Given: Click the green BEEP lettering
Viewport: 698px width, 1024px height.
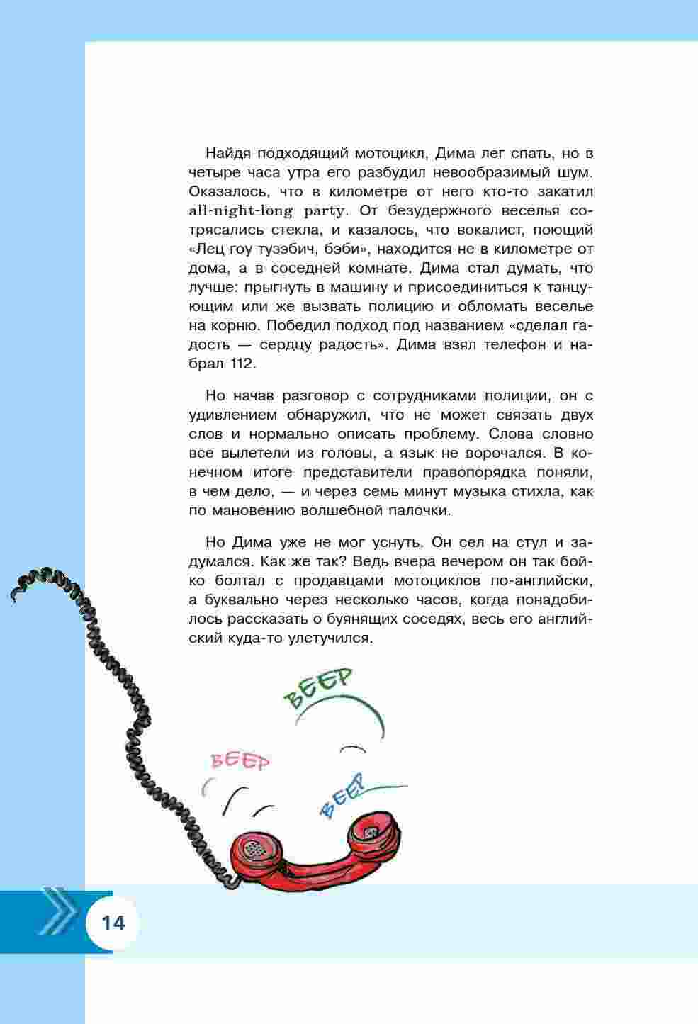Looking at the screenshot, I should pyautogui.click(x=318, y=687).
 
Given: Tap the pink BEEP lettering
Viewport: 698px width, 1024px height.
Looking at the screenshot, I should pyautogui.click(x=241, y=762).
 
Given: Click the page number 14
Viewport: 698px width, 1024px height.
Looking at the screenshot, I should pyautogui.click(x=113, y=923).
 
